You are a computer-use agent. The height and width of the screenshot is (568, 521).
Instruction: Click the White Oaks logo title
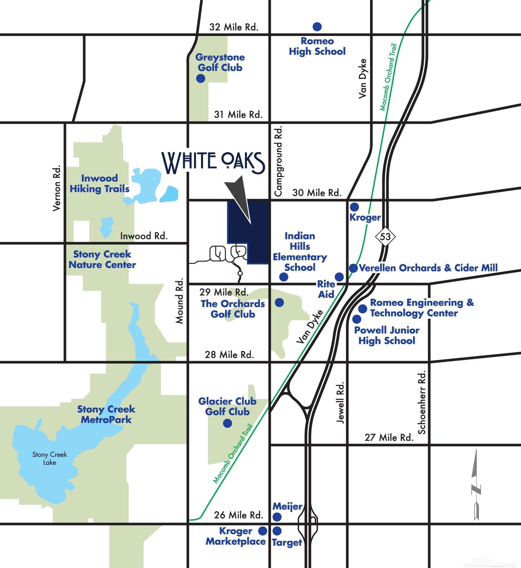point(214,163)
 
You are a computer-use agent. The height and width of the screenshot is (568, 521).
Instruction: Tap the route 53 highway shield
point(385,236)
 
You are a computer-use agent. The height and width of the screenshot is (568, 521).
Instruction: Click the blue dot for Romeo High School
point(317,27)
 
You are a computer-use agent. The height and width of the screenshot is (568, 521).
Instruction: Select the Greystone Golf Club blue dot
point(201,78)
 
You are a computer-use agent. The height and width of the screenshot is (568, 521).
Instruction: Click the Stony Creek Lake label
point(50,459)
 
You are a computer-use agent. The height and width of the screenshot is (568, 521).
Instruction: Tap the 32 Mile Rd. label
point(234,27)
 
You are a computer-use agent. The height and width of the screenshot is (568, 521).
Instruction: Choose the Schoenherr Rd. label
point(422,402)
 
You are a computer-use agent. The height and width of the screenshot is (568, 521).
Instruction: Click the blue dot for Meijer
point(277,517)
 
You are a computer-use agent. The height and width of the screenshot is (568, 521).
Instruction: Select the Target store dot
point(277,531)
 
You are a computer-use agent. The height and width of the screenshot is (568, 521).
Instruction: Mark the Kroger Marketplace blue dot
point(262,531)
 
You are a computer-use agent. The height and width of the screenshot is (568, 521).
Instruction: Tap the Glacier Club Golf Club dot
point(227,423)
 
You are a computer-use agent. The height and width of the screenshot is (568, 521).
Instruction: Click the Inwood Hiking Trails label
point(99,183)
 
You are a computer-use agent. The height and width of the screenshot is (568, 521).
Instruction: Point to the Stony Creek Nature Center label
point(102,259)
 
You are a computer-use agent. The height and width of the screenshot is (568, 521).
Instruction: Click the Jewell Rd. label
point(340,403)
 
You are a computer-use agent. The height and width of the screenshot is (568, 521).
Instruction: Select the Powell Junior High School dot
point(357,319)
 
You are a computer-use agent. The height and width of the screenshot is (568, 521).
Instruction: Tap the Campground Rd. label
point(278,161)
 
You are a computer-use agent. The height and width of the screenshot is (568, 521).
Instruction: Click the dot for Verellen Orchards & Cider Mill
point(353,268)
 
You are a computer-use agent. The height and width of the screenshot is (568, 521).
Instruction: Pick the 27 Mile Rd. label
point(389,438)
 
